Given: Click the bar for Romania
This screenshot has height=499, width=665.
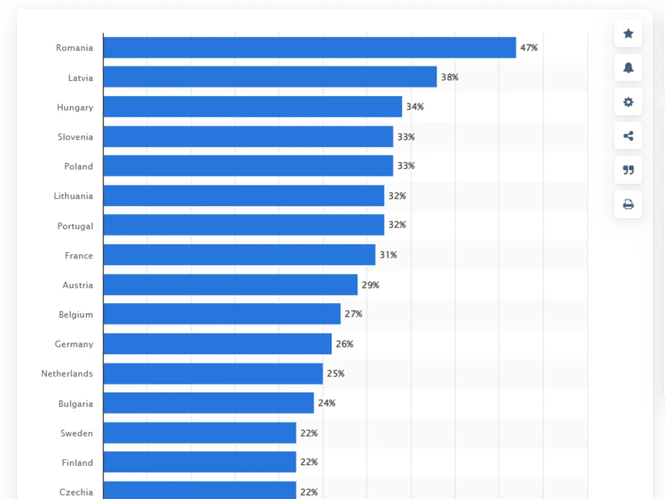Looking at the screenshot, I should [x=309, y=48].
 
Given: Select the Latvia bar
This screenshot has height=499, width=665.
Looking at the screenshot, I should [x=270, y=77].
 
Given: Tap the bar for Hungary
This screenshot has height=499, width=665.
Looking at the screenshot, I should [x=252, y=106].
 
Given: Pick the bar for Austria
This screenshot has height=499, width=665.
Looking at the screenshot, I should [x=230, y=284].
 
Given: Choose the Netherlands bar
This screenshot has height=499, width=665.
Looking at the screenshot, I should [x=213, y=374].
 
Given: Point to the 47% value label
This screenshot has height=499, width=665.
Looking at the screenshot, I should [x=529, y=48].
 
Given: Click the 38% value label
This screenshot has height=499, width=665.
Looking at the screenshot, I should [x=449, y=77].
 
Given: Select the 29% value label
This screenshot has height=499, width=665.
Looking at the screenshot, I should [x=370, y=285].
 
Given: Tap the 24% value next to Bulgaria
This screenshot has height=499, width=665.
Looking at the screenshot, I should [x=326, y=403].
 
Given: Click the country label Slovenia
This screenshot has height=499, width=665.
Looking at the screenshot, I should [x=75, y=137].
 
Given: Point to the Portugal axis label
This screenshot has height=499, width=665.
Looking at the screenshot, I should [x=75, y=226].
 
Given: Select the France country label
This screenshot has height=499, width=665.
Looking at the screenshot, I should [x=79, y=256].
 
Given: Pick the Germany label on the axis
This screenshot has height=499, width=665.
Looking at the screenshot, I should [x=74, y=344].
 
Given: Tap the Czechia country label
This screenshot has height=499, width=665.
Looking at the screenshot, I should [x=76, y=492].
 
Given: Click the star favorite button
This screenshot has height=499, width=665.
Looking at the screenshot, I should [x=628, y=34].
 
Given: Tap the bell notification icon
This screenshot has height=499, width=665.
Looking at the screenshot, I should [x=628, y=68].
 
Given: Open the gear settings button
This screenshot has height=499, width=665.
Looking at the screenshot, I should [x=628, y=102].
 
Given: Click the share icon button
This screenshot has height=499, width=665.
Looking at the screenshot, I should [x=628, y=136].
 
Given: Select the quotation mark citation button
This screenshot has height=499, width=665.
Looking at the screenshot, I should [x=628, y=170].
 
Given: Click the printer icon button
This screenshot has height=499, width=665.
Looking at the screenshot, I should [x=628, y=205].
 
